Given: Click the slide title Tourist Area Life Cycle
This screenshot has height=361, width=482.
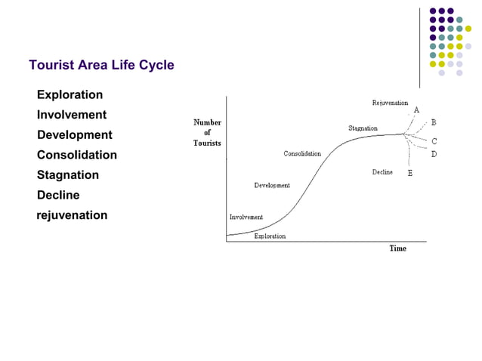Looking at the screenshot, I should tap(101, 65).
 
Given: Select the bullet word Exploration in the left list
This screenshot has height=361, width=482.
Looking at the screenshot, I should tap(70, 95).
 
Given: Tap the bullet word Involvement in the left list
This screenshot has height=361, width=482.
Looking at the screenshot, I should tap(72, 115).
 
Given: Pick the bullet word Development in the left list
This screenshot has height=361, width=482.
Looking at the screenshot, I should tap(74, 134).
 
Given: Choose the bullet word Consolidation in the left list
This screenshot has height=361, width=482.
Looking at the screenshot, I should tap(77, 155).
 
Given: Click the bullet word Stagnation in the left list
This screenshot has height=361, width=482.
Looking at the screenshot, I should tap(68, 174).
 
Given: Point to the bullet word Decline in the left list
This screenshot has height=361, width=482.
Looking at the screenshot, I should tap(58, 195).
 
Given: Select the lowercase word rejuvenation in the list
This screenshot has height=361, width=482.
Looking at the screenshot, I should tap(73, 215).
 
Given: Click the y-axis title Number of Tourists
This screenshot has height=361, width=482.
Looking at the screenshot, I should tap(207, 132).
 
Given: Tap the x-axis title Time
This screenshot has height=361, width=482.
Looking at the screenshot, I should tap(397, 248).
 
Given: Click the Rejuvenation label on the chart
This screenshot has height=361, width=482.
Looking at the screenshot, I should tap(390, 103).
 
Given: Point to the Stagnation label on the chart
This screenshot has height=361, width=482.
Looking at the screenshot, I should tap(363, 128).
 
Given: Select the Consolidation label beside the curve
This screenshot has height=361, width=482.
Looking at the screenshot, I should tap(302, 154).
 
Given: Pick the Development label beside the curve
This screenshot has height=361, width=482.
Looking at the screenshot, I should tap(272, 185).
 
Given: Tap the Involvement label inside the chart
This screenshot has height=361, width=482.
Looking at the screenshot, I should tap(246, 217).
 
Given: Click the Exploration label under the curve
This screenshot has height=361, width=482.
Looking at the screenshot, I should tap(270, 236).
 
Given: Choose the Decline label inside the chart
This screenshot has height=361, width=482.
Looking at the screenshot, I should tap(382, 172).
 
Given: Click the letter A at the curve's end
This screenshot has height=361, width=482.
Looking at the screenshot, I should tap(416, 110).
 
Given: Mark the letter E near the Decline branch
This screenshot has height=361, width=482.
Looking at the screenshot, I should tap(410, 174).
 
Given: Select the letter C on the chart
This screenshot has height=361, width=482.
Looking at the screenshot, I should tap(434, 141).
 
